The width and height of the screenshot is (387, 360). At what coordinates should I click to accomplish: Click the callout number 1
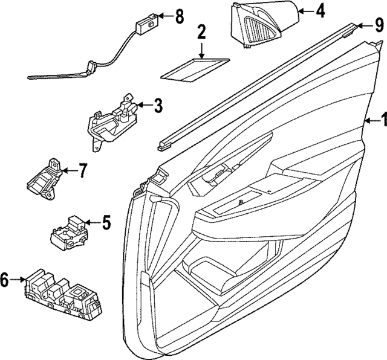click(381, 120)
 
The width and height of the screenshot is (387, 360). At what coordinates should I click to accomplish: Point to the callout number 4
click(320, 10)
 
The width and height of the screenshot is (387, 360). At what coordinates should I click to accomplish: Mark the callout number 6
click(5, 279)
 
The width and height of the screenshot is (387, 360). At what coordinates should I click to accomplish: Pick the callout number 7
click(82, 171)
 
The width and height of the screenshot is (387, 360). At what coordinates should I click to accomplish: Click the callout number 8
click(178, 16)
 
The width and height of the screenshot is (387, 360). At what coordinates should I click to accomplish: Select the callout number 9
click(379, 25)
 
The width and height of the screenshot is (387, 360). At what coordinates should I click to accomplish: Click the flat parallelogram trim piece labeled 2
click(195, 67)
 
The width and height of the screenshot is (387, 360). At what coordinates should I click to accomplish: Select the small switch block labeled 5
click(71, 231)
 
